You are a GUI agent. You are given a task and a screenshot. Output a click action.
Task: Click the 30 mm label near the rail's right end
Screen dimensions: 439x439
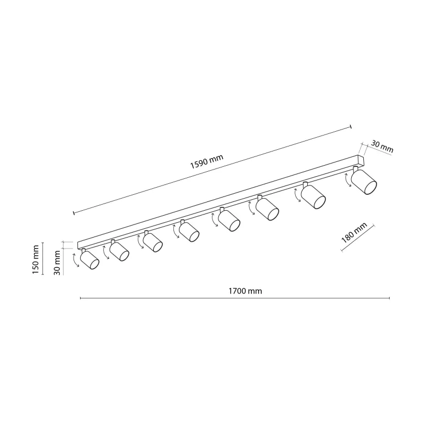pos(382,147)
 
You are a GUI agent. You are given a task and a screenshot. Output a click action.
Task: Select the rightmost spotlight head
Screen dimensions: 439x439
pos(365,182)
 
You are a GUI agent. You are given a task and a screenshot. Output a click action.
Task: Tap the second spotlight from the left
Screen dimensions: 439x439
pos(119,251)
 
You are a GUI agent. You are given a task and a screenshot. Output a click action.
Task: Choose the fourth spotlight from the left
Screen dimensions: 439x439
pos(189,230)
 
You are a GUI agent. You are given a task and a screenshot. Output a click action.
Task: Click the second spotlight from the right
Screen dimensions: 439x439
pos(313,196)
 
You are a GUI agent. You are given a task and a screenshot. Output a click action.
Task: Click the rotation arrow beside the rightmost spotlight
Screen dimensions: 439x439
pos(347,181)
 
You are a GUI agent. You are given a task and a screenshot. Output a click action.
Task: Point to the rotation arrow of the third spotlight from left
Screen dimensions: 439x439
pos(140,243)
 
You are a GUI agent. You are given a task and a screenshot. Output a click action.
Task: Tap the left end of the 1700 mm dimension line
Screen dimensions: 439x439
pos(81,299)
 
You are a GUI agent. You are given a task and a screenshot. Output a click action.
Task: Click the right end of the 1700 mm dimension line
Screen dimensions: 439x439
pos(389,299)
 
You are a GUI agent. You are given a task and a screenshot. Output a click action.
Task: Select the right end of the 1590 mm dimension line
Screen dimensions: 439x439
pos(350,128)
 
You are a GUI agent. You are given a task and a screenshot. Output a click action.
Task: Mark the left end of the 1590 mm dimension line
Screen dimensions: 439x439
pos(74,212)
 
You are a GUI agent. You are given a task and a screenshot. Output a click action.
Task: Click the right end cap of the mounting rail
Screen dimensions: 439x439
pos(361,160)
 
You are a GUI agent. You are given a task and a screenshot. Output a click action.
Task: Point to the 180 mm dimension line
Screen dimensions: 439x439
pos(358,238)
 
